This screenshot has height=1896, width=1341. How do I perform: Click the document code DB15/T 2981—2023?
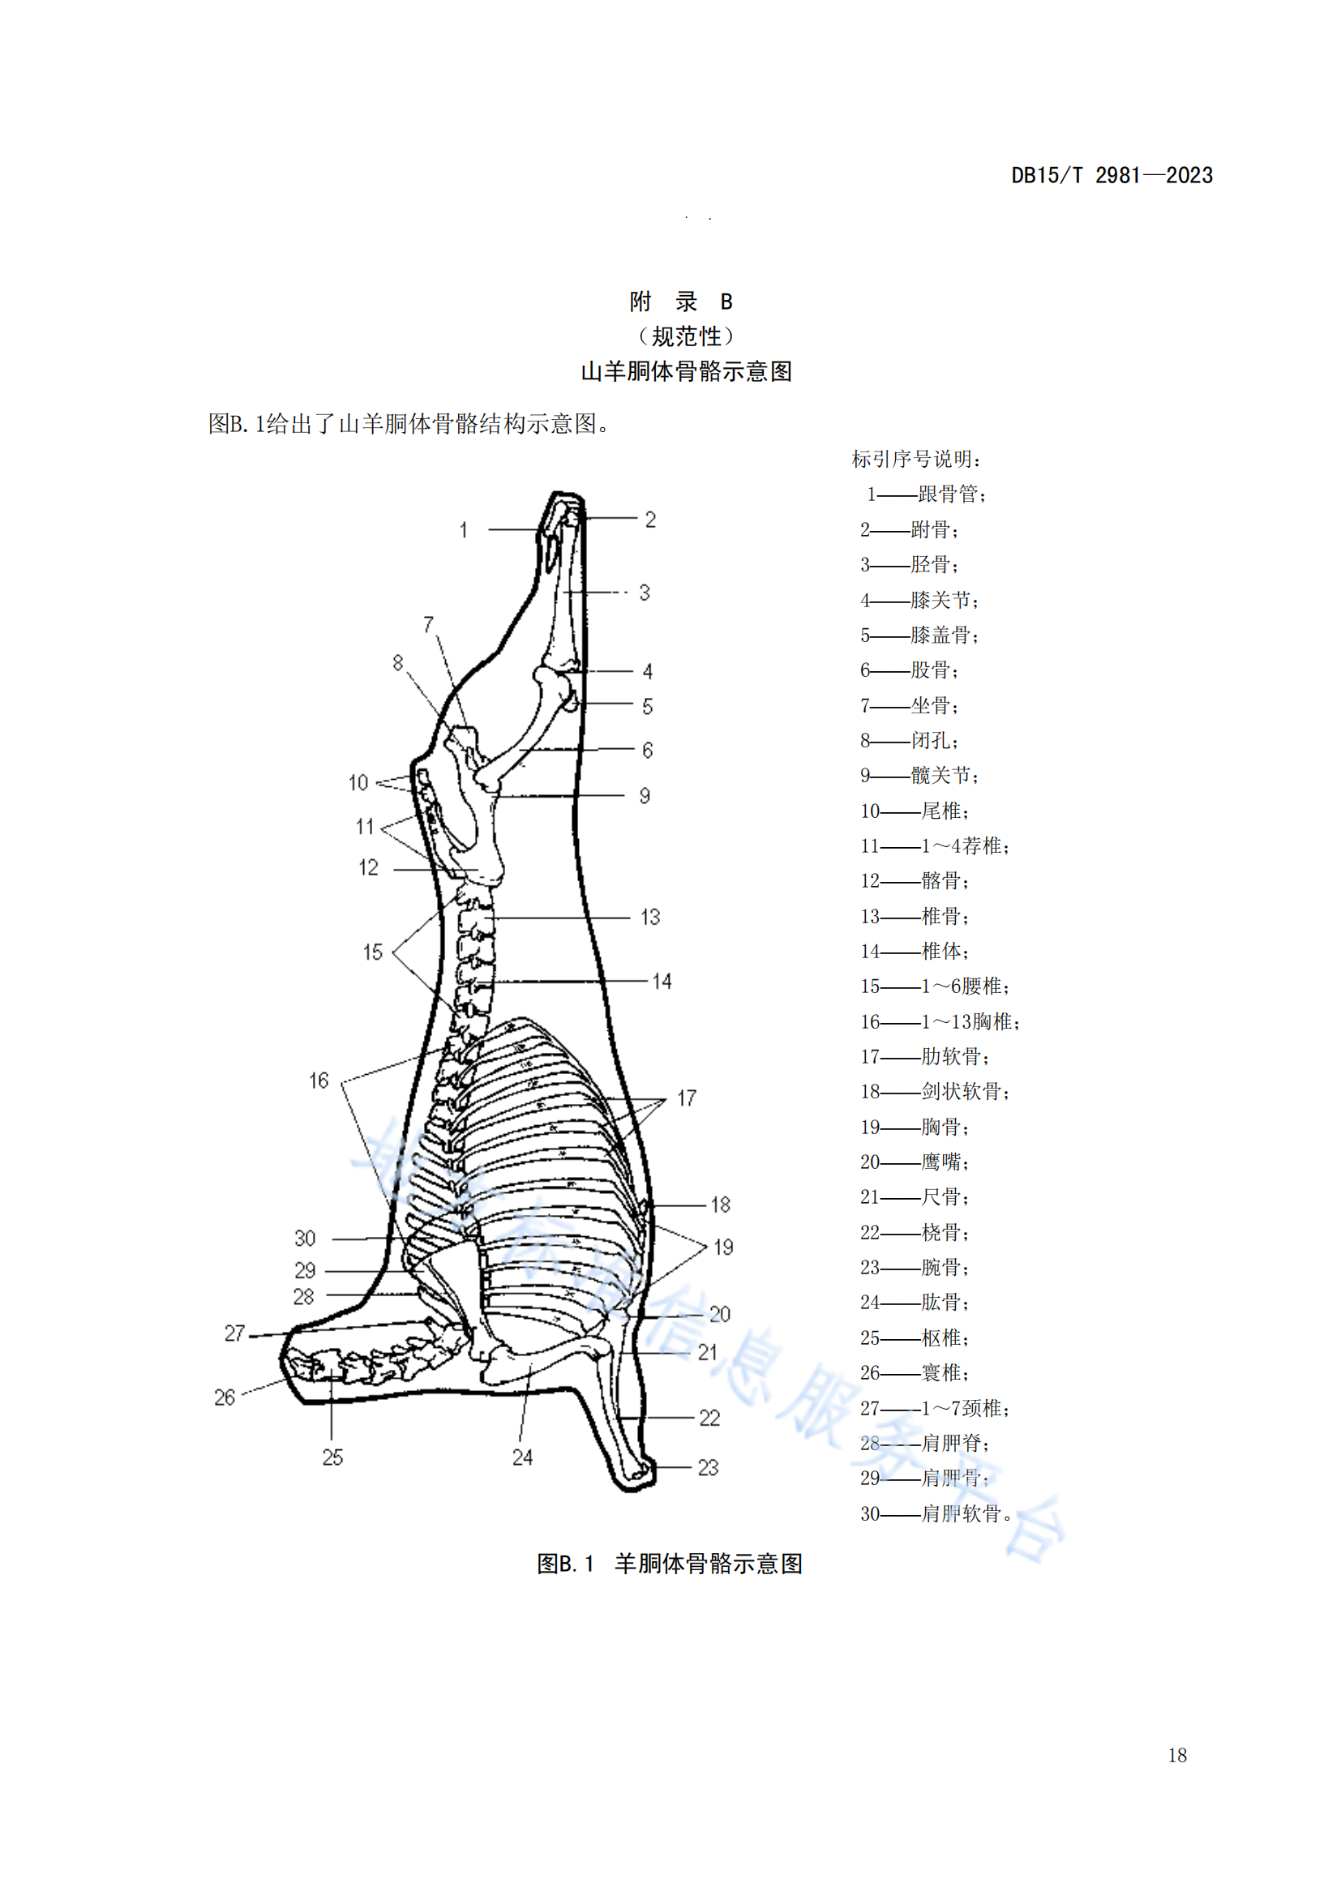point(1112,175)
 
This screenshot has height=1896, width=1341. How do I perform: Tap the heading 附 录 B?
point(681,302)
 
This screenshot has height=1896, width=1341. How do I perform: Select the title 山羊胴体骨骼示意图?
point(686,371)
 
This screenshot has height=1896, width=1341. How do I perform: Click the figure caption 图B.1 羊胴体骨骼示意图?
point(670,1563)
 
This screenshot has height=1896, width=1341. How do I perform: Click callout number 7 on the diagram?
point(429,624)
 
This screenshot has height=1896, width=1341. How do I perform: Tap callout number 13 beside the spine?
point(651,917)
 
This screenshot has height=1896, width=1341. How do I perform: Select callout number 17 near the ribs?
point(687,1098)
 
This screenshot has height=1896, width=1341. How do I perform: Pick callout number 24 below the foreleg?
point(522,1457)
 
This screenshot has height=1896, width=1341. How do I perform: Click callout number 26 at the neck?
point(225,1397)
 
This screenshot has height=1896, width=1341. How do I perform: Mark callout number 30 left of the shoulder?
point(305,1238)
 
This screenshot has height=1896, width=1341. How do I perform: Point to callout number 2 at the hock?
point(651,520)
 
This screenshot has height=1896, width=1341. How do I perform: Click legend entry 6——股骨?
point(909,670)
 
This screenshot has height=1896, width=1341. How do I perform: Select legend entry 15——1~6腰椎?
point(935,986)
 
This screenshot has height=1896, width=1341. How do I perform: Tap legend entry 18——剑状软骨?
point(935,1092)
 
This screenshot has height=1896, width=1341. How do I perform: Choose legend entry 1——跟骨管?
point(927,494)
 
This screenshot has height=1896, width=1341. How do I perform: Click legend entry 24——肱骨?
point(915,1303)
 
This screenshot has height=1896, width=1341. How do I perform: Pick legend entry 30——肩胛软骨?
point(936,1513)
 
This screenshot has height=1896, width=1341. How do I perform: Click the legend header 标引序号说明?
point(917,458)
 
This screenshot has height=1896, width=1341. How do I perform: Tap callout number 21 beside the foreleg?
point(708,1352)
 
